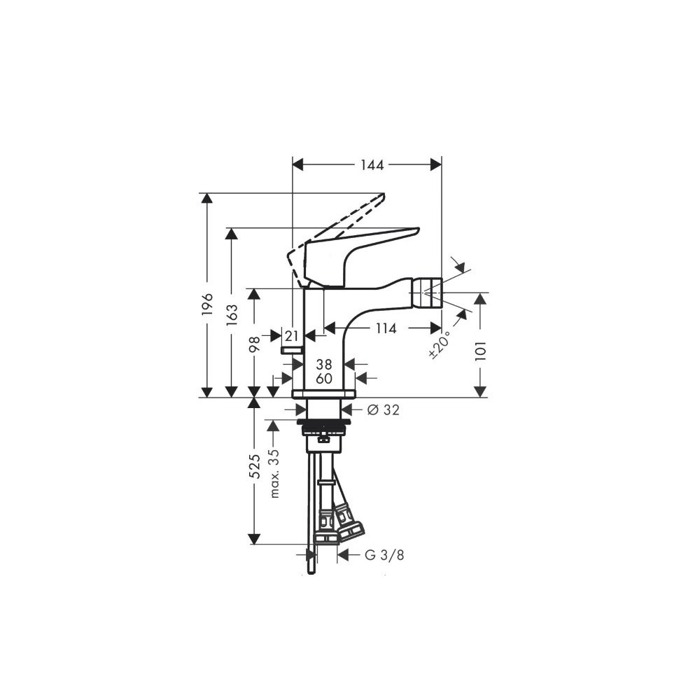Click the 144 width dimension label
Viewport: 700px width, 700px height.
pos(372,165)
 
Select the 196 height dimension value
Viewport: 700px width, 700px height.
pos(207,305)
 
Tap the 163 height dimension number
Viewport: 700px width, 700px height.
pos(232,315)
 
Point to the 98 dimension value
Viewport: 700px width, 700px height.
pos(254,344)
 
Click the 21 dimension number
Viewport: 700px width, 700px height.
pos(291,336)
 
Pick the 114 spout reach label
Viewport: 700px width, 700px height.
pos(386,328)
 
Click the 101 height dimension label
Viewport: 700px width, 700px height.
pos(480,351)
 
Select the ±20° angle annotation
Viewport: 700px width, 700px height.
pos(440,344)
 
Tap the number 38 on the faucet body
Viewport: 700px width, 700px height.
pos(324,364)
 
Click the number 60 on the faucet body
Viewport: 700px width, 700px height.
pos(324,379)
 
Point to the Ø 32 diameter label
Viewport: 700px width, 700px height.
pos(383,409)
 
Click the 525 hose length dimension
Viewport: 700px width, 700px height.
pos(254,466)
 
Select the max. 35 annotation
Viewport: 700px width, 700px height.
pos(274,473)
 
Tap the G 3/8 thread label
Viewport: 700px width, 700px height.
pos(384,555)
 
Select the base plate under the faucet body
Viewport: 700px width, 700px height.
pos(323,393)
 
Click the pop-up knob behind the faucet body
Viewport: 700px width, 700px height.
pos(291,351)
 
